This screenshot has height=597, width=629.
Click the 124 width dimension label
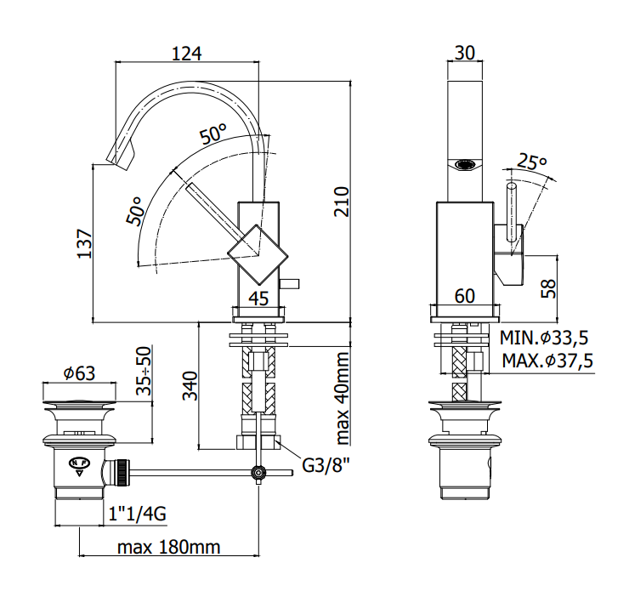[x=186, y=54]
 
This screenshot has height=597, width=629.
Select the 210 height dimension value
[x=342, y=202]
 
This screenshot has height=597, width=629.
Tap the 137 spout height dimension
[x=85, y=244]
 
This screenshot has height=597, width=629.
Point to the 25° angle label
[x=531, y=162]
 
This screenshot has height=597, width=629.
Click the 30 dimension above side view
[x=465, y=53]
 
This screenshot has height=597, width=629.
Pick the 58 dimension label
[x=549, y=288]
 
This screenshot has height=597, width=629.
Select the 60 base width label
[x=465, y=296]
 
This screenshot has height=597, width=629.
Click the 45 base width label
[x=258, y=298]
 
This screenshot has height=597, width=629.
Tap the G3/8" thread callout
[x=326, y=466]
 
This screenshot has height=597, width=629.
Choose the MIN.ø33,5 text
[x=544, y=338]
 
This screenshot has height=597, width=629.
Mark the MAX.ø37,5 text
[x=547, y=361]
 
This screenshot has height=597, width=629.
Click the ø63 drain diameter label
[x=79, y=373]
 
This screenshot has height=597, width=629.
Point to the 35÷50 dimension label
[x=144, y=371]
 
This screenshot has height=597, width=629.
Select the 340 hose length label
[x=190, y=386]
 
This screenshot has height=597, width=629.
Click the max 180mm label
[x=169, y=547]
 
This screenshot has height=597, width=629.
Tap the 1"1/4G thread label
[x=137, y=514]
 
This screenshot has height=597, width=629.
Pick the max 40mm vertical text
[x=342, y=398]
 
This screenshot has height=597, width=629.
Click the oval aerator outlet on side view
[x=465, y=165]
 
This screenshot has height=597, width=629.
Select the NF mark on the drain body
[x=80, y=463]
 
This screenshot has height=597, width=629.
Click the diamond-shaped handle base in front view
[x=258, y=254]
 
